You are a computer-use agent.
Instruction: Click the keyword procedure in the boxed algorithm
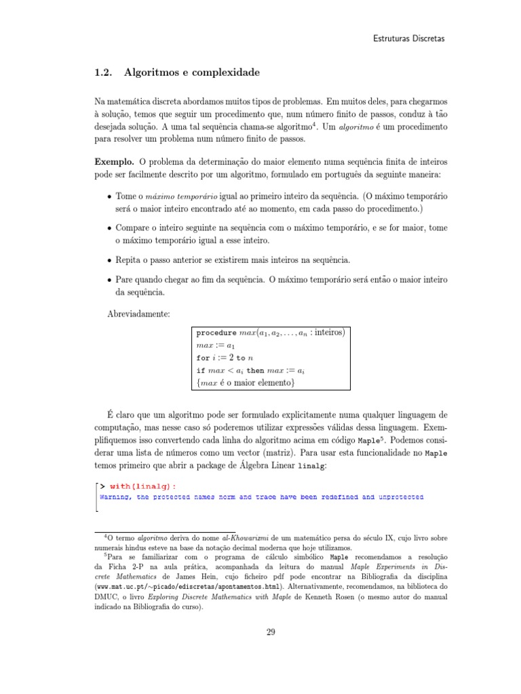pyautogui.click(x=216, y=333)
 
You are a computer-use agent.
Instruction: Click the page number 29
pyautogui.click(x=270, y=632)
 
